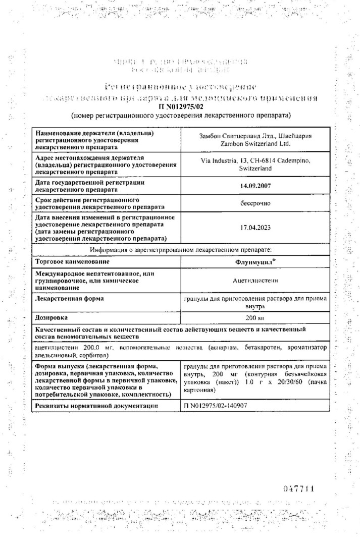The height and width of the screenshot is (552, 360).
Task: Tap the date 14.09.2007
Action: pyautogui.click(x=256, y=186)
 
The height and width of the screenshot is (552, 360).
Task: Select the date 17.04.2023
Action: pyautogui.click(x=256, y=228)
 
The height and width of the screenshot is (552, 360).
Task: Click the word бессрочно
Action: pyautogui.click(x=256, y=203)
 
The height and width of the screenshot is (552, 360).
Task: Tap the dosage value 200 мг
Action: pyautogui.click(x=256, y=319)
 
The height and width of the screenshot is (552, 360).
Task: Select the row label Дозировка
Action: pyautogui.click(x=51, y=318)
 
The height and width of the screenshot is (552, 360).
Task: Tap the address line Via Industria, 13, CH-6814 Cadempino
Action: pyautogui.click(x=256, y=160)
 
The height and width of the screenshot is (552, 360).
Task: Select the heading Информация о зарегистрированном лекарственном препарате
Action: pyautogui.click(x=181, y=250)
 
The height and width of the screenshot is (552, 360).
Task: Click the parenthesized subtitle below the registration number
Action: pyautogui.click(x=181, y=116)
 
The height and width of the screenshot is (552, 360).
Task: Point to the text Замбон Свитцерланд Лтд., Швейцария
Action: pyautogui.click(x=256, y=136)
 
